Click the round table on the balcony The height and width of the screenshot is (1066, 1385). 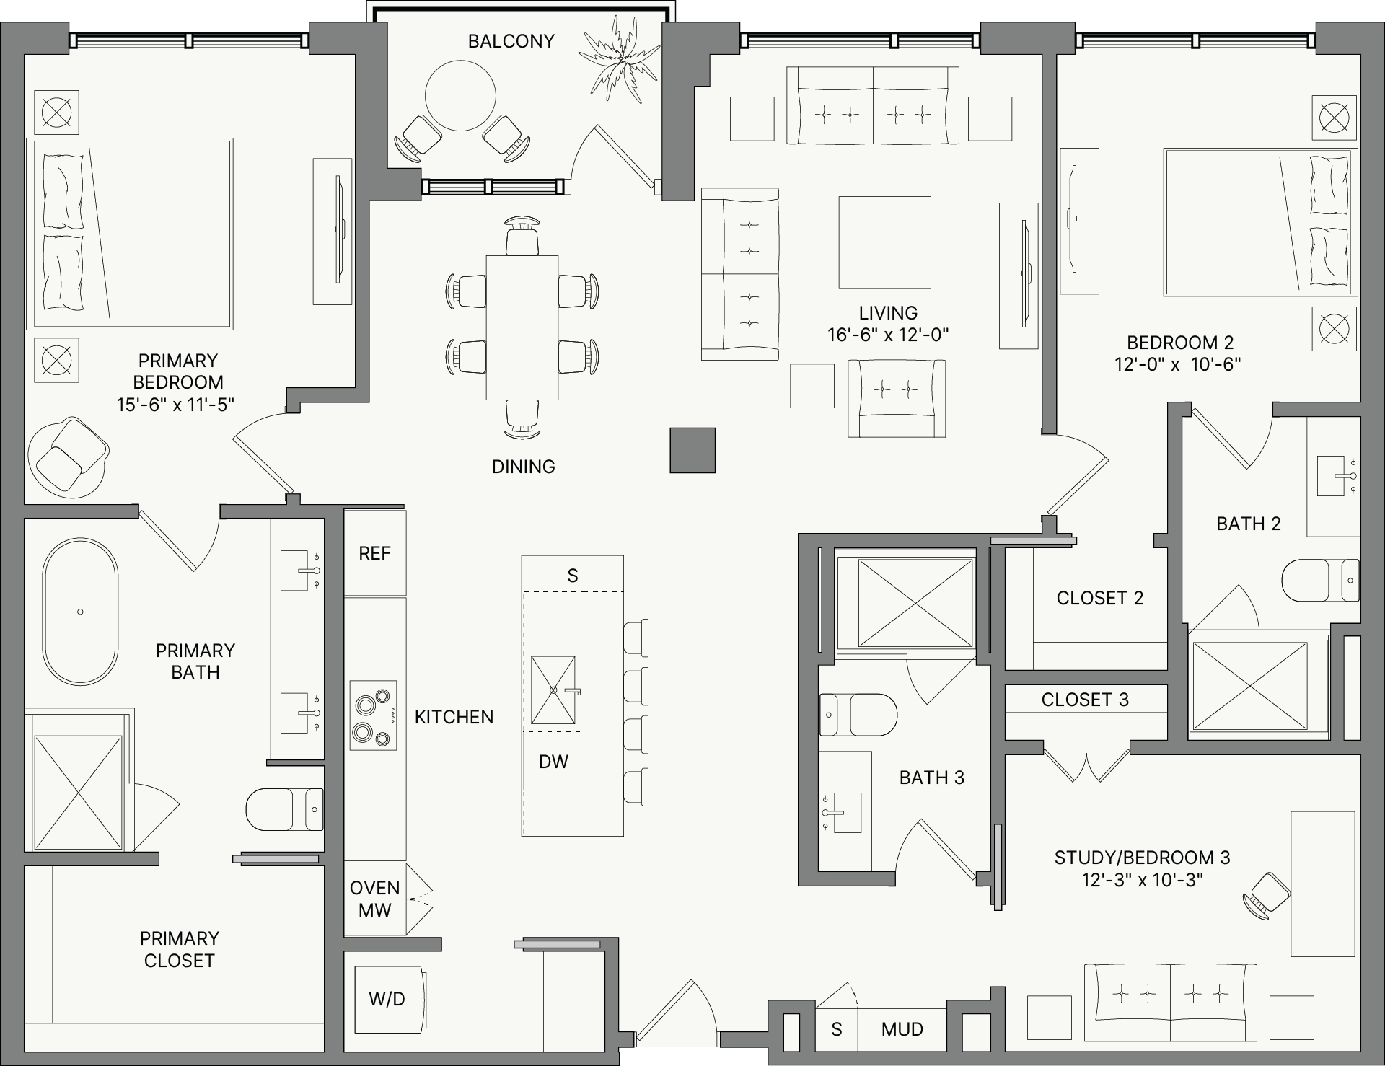click(460, 94)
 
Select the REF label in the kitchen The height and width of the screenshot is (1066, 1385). click(374, 553)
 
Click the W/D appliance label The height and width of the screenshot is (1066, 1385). click(387, 999)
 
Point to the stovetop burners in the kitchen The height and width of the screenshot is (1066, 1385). click(374, 715)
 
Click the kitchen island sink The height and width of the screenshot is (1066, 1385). click(553, 690)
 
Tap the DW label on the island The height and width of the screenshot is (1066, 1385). click(553, 762)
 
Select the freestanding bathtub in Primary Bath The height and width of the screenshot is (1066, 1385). click(80, 612)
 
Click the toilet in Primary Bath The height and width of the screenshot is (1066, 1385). click(285, 809)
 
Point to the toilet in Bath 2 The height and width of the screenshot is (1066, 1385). click(1321, 580)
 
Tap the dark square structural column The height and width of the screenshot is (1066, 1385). click(692, 451)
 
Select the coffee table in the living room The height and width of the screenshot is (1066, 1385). click(884, 243)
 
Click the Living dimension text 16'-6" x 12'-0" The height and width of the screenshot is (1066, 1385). click(888, 335)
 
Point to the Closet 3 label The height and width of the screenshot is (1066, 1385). click(1085, 700)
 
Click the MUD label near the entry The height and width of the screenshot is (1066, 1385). click(902, 1029)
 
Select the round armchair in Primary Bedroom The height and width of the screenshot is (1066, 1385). click(69, 457)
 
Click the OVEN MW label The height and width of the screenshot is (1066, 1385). click(374, 899)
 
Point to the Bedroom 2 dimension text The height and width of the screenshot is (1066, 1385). click(1178, 364)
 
